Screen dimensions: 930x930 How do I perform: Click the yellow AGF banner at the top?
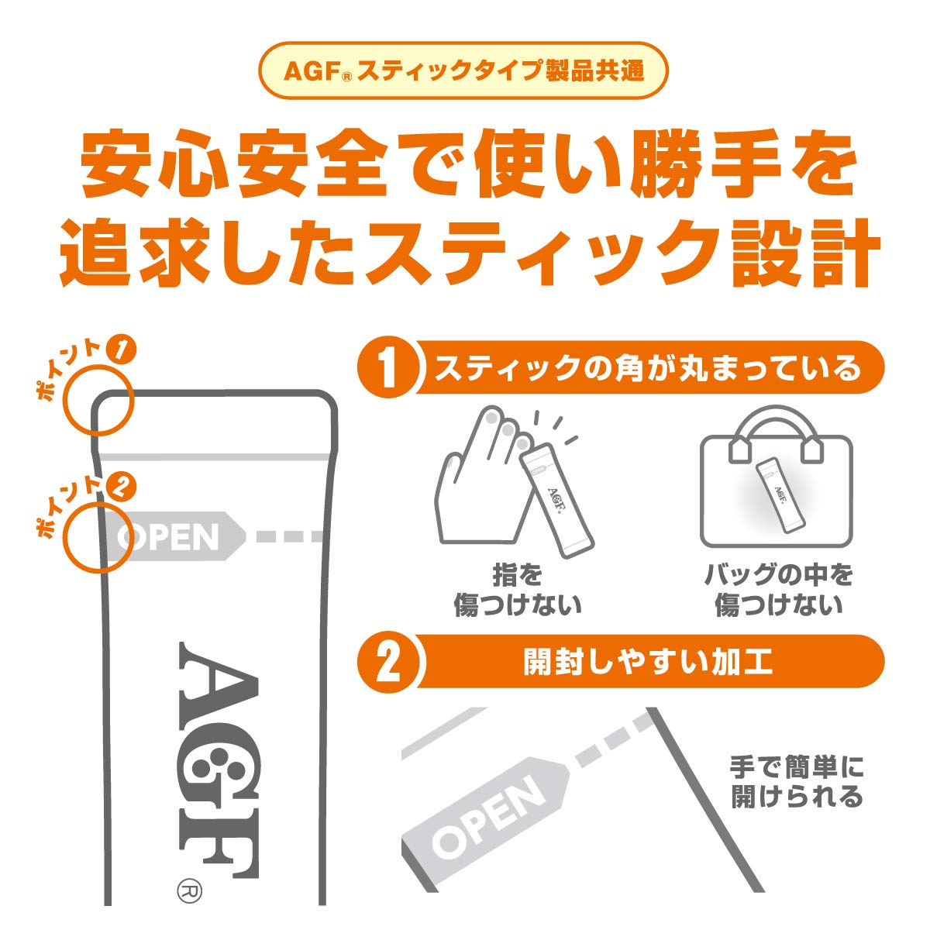coord(463,71)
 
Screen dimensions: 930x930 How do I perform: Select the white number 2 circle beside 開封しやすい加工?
coord(388,663)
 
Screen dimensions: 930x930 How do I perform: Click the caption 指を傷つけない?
coord(517,591)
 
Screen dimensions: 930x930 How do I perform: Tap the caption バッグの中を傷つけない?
coord(777,591)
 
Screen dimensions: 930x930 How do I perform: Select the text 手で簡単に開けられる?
coord(797,782)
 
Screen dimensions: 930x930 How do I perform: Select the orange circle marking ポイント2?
coord(97,537)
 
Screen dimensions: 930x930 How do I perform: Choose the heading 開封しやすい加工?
coord(647,663)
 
